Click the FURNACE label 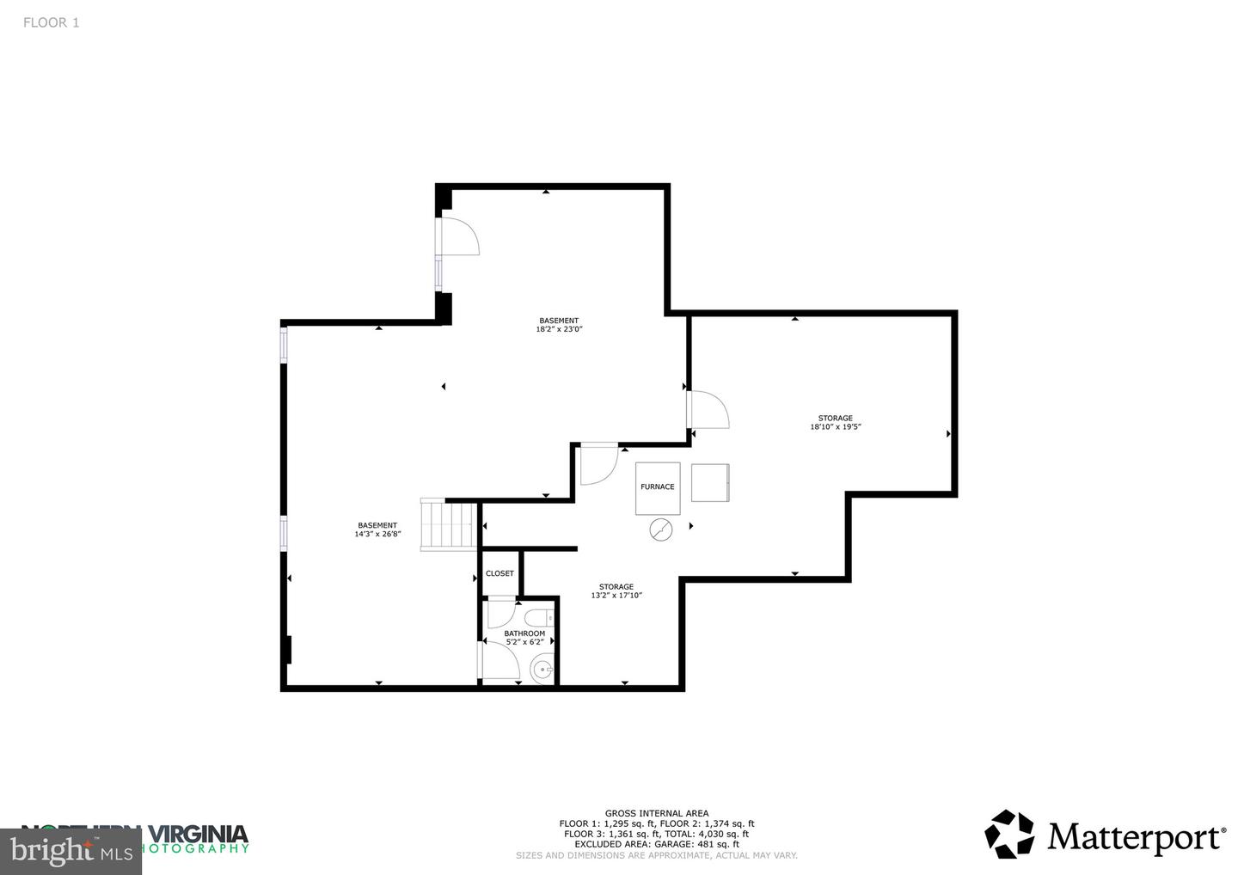657,487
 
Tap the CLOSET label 499,573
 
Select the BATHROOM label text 524,633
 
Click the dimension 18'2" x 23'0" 559,329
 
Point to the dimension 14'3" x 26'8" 377,535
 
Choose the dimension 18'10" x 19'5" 835,427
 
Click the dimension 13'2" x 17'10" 616,596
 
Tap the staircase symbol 448,524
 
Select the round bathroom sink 542,669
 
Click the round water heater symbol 661,530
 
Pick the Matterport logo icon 1009,835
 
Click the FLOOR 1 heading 51,23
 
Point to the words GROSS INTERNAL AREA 657,813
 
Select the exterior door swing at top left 458,236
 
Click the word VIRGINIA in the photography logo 199,833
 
